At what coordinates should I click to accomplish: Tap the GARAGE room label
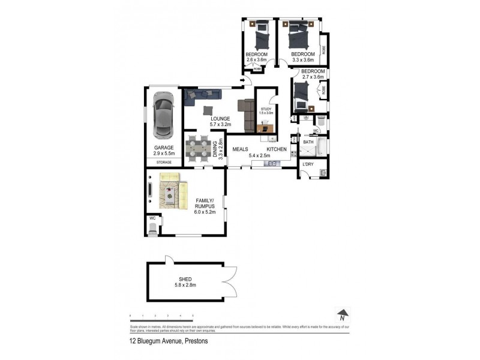coord(164,148)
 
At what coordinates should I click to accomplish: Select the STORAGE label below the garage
coord(164,162)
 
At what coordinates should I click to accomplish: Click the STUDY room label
coord(266,109)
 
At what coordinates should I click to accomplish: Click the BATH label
coord(308,143)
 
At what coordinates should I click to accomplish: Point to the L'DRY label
coord(308,164)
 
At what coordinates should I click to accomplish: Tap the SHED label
coord(185,279)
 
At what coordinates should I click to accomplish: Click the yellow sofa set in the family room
coord(173,191)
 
